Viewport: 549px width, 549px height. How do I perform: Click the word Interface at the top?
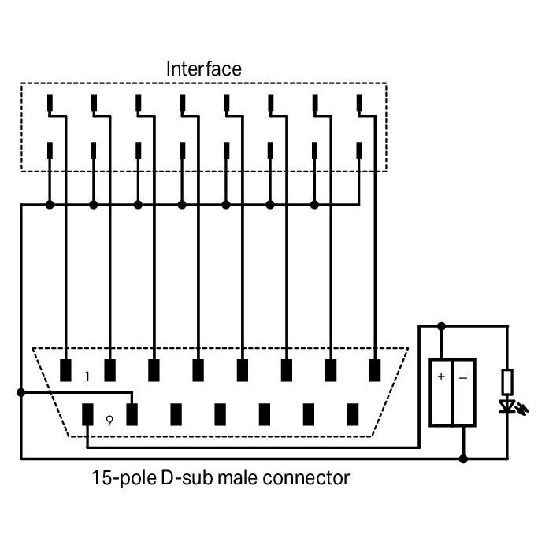coord(204,69)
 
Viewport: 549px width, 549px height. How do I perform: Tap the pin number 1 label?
coord(87,377)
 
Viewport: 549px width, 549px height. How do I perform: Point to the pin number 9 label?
coord(109,420)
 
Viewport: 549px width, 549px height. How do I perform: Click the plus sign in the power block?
coord(441,377)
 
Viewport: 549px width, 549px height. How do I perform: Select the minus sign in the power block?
coord(463,378)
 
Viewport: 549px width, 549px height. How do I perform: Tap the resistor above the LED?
coord(508,382)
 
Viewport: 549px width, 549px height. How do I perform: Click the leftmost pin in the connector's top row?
coord(65,370)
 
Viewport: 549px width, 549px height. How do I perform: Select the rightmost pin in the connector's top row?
coord(375,370)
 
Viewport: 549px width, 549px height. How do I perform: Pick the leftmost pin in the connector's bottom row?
coord(87,414)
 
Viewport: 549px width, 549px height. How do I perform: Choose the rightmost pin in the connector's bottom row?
coord(353,414)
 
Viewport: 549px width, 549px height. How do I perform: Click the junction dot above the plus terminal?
coord(441,326)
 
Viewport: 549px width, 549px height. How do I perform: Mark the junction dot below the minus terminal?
coord(463,458)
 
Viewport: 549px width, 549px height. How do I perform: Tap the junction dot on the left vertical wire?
coord(21,392)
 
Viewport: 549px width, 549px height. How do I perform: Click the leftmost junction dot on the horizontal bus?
coord(50,205)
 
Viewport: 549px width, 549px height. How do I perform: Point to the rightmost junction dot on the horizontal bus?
coord(314,205)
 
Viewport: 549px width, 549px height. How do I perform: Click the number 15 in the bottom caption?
coord(101,477)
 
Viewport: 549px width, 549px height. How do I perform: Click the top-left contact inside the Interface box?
coord(50,102)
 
